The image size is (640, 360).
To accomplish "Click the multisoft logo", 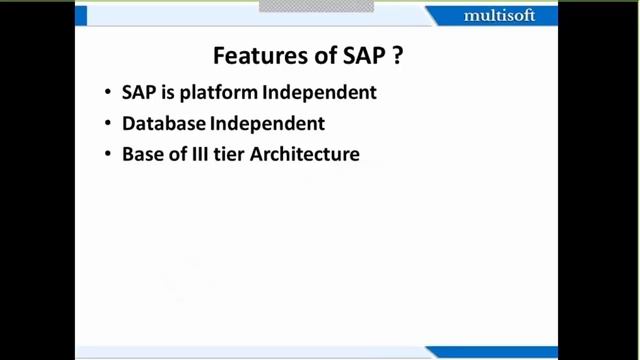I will point(499,16).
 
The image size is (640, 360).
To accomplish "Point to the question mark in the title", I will point(398,56).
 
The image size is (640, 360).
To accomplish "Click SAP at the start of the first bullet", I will point(138,93).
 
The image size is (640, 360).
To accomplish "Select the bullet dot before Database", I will point(108,125).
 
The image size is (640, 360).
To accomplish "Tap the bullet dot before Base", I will point(108,156).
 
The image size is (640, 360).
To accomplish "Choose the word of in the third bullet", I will point(171,155).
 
